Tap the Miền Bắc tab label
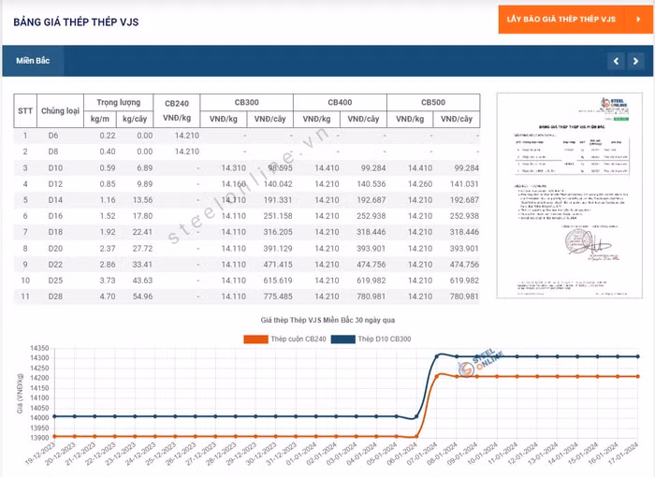(x=33, y=61)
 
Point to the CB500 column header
(x=433, y=102)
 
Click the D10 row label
(x=54, y=167)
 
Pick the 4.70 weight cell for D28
(x=108, y=296)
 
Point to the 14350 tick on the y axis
(x=40, y=348)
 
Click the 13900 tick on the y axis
(x=40, y=438)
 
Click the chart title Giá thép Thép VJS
(x=327, y=320)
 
